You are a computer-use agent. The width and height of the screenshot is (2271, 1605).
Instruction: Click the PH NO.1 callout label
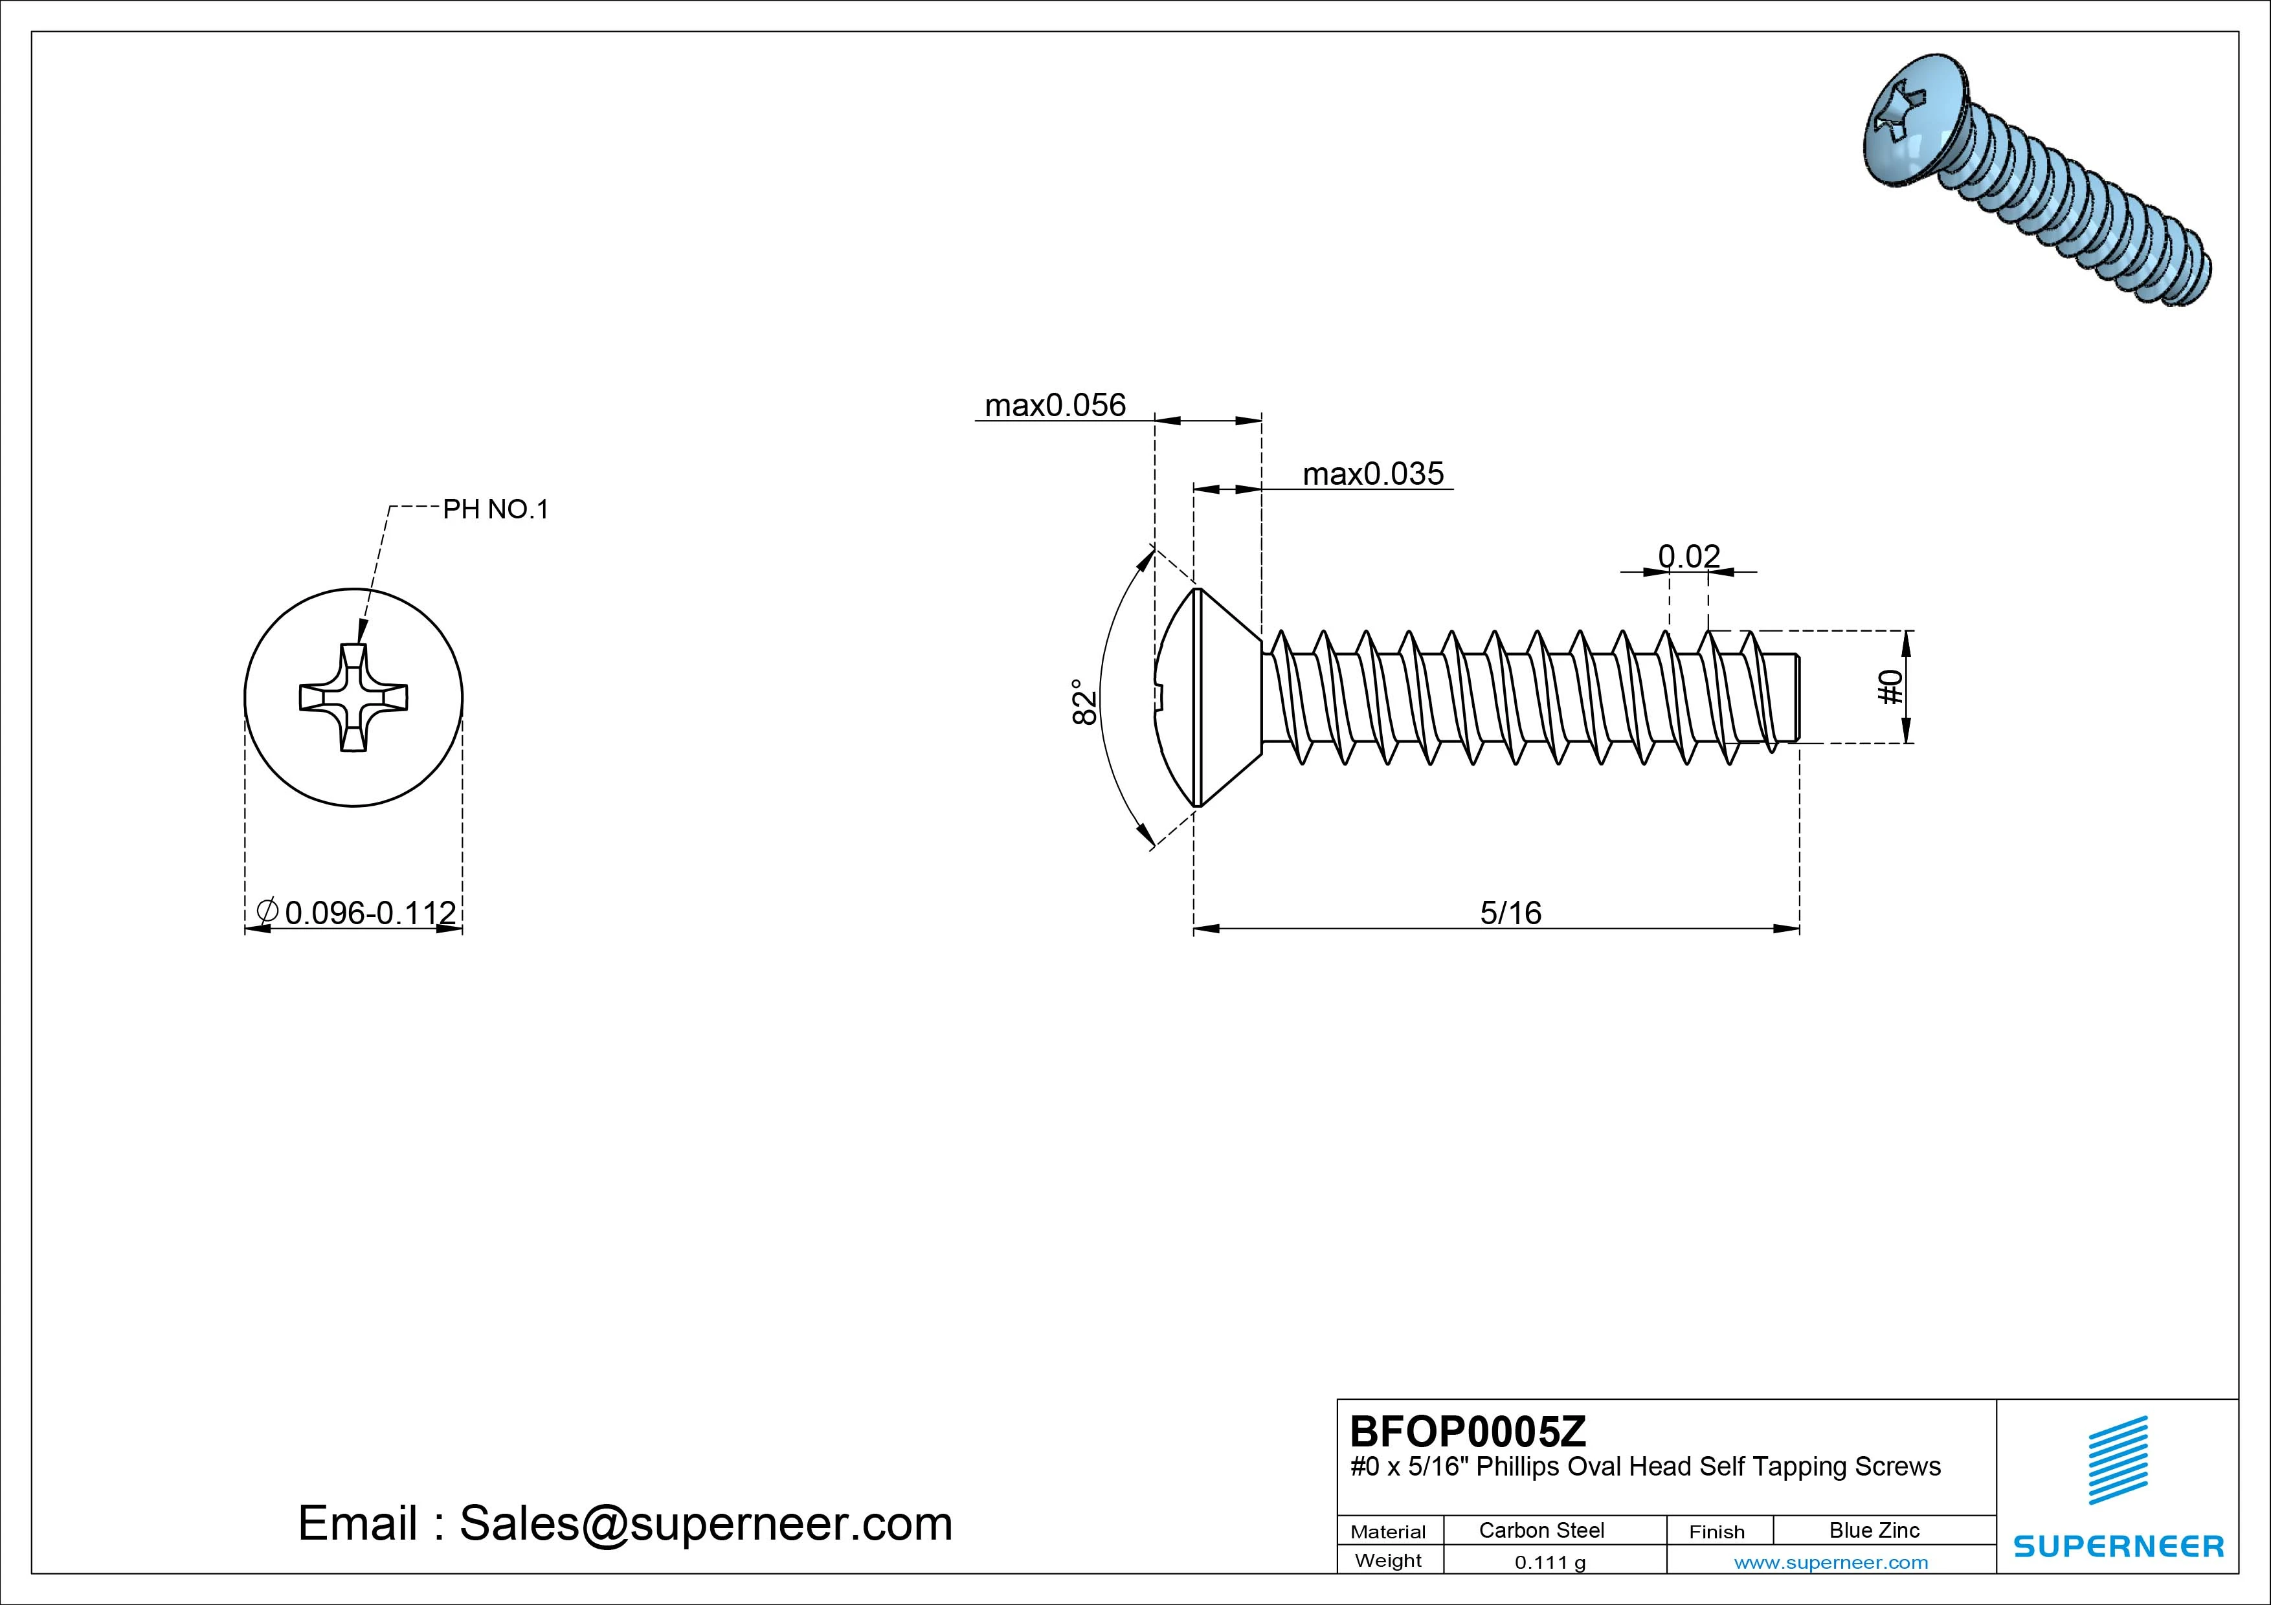[x=495, y=510]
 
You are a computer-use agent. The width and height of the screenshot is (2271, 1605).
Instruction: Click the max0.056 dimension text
[x=1055, y=405]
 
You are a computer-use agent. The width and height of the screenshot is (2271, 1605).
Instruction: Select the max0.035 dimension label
[x=1373, y=474]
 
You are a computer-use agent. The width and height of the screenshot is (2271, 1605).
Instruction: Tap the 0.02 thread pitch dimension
[x=1688, y=557]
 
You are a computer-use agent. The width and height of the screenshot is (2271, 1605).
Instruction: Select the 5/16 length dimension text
[x=1510, y=913]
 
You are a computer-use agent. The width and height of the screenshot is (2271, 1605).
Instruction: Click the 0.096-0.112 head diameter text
[x=370, y=913]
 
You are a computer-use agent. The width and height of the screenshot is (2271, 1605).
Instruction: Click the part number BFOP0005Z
[x=1467, y=1431]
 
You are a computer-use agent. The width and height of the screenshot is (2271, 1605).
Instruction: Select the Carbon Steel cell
[x=1541, y=1530]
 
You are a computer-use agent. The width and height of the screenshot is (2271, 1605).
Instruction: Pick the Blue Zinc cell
[x=1874, y=1530]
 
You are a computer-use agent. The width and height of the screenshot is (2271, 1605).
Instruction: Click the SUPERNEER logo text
[x=2119, y=1545]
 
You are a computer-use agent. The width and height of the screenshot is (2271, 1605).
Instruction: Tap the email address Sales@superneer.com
[x=705, y=1524]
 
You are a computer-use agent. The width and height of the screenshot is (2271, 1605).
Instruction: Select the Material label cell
[x=1388, y=1532]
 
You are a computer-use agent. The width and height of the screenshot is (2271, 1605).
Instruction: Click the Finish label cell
[x=1716, y=1532]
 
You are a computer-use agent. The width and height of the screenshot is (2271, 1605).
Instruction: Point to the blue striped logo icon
[x=2117, y=1461]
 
